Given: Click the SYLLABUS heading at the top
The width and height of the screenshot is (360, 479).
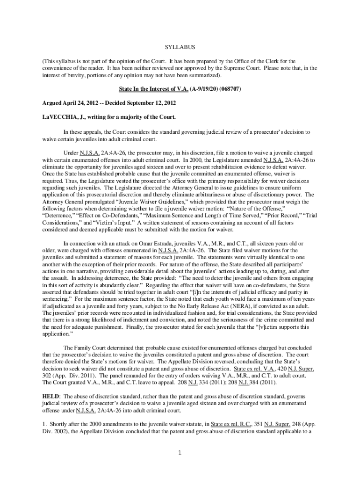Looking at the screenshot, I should (x=180, y=48).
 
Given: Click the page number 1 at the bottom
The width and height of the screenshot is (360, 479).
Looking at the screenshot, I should (x=180, y=453).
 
